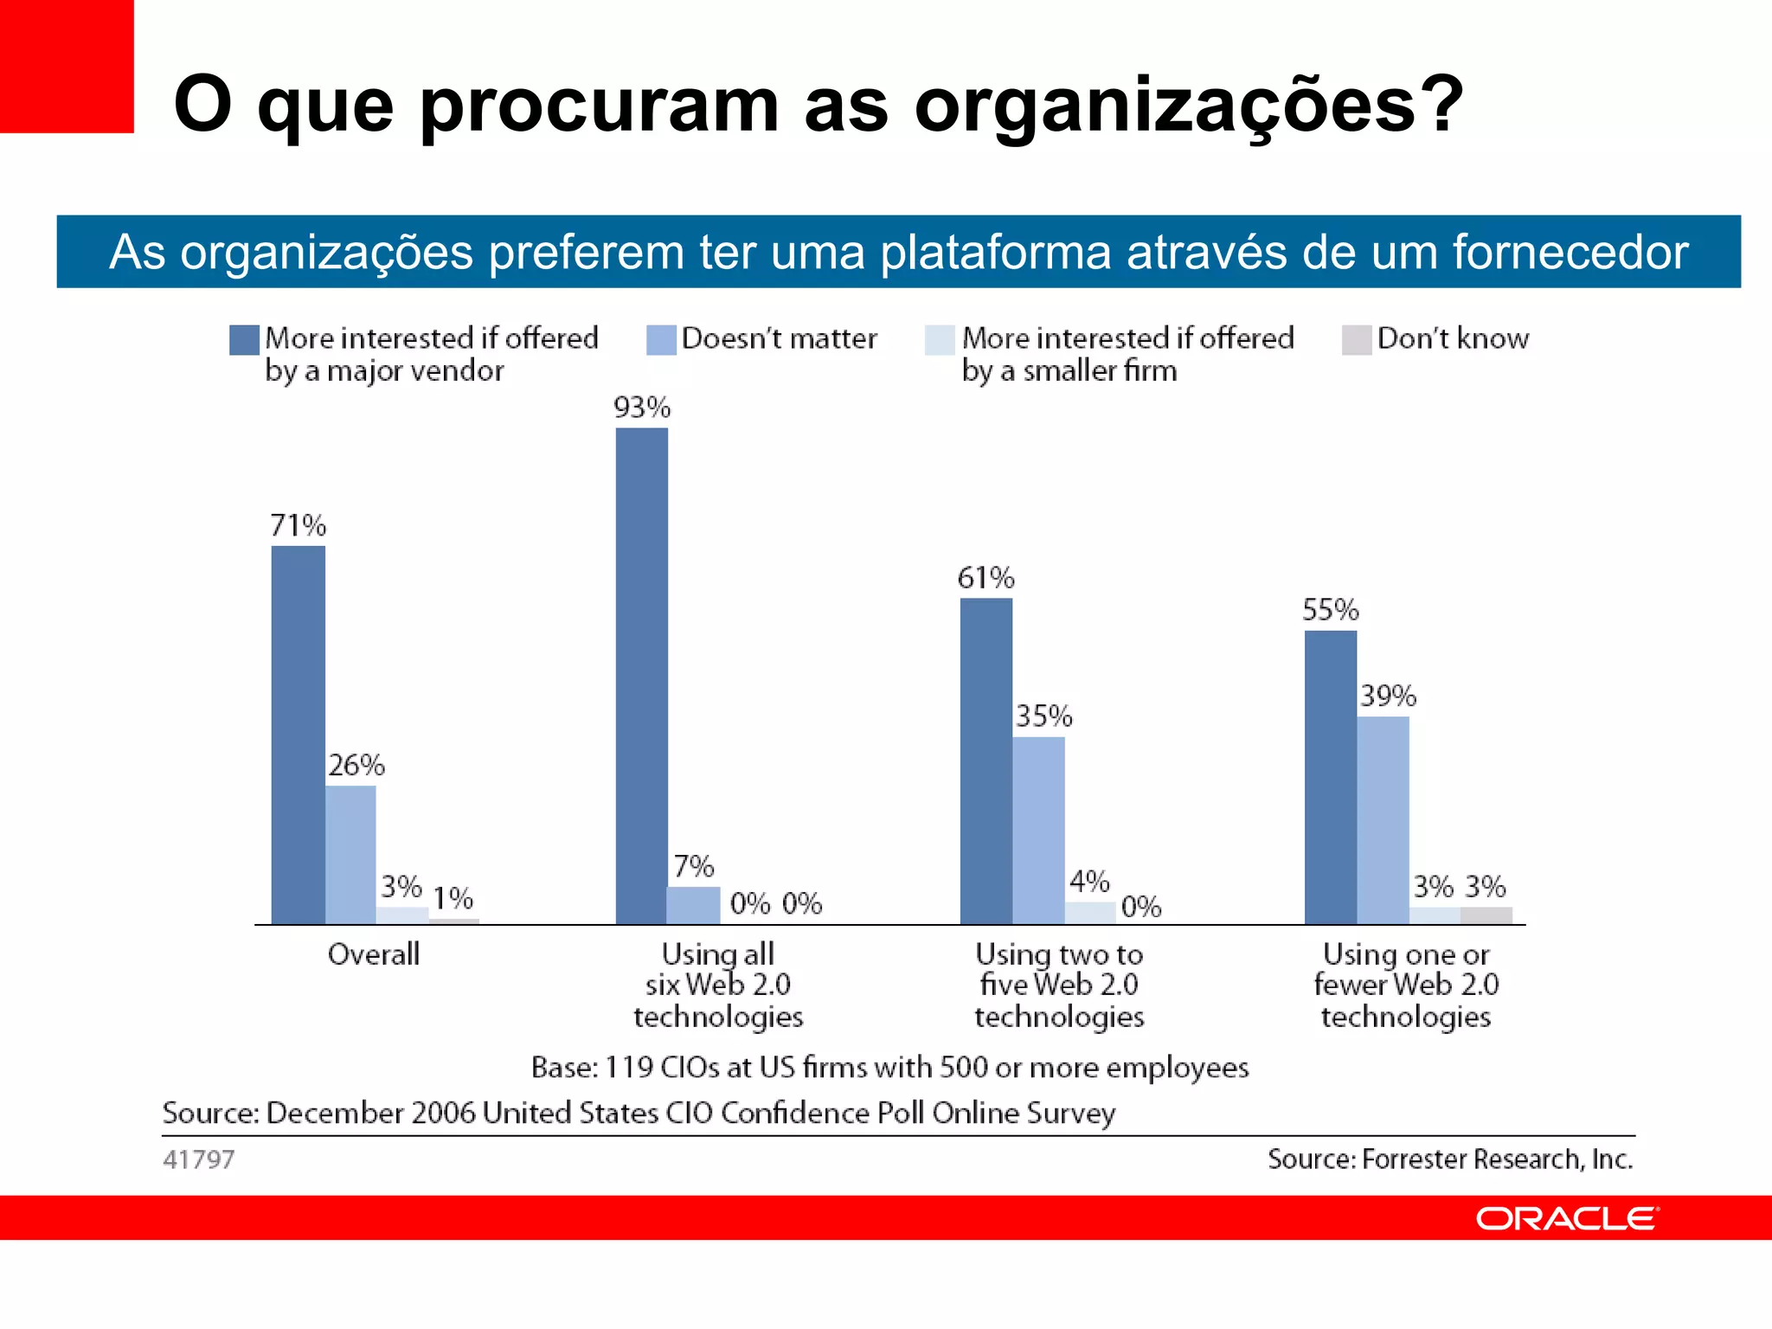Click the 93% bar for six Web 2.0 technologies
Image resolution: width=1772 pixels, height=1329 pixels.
(641, 675)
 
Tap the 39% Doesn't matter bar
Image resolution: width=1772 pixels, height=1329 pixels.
(1383, 819)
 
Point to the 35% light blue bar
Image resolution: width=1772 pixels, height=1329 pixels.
(1038, 830)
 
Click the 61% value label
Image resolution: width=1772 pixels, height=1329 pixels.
(986, 578)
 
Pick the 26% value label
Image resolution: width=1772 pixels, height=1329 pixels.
(356, 765)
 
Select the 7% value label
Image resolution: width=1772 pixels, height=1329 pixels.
(693, 866)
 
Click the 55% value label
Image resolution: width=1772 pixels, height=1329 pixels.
(1330, 610)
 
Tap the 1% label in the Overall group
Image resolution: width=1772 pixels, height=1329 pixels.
(453, 898)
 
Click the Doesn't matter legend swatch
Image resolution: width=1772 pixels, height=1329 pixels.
(661, 340)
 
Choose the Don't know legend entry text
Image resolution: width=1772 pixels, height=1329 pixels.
(1453, 338)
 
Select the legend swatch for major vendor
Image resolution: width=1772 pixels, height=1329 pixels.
(244, 340)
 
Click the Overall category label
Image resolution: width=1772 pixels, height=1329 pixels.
(373, 954)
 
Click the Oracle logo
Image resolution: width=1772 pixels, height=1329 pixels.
(1566, 1218)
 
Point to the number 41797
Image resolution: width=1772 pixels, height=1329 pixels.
(198, 1159)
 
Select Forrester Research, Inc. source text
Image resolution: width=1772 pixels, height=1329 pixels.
(1450, 1159)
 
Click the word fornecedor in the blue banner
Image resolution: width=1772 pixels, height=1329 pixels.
(1570, 253)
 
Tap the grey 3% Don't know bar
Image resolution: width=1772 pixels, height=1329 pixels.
(1486, 915)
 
